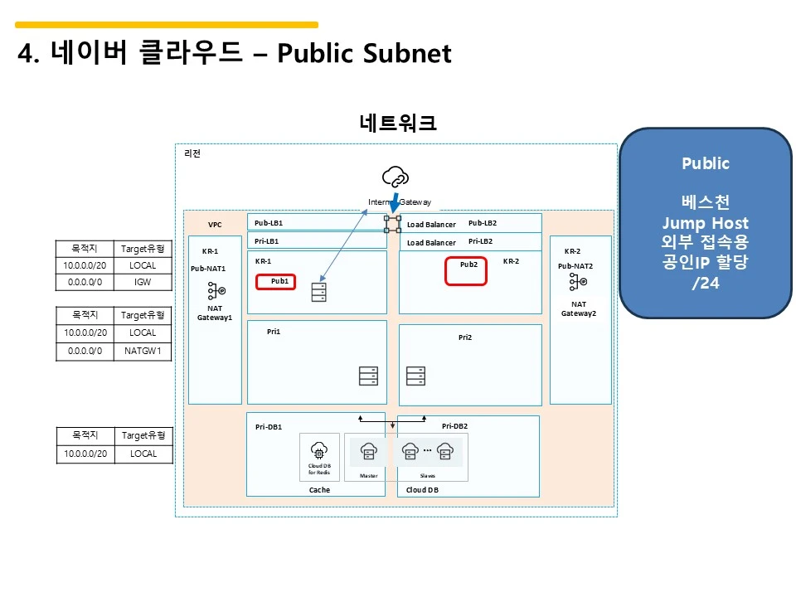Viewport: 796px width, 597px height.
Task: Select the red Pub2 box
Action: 465,273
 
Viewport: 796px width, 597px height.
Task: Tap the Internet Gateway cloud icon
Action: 396,177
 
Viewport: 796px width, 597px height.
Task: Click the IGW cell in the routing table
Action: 143,283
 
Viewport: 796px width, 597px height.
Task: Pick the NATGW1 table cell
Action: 143,351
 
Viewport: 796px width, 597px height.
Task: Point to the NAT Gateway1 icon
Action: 215,292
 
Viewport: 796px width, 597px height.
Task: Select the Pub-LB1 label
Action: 269,223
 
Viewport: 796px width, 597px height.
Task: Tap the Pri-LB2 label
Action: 482,241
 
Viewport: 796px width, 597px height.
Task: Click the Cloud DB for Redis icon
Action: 319,450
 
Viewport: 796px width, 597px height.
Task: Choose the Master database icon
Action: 369,452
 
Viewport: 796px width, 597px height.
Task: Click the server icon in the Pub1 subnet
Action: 319,293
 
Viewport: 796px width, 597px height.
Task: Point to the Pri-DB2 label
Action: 454,426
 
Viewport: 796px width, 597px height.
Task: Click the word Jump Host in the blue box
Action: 705,223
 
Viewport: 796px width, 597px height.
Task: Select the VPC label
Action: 215,225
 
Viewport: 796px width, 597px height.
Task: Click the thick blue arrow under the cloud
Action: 394,201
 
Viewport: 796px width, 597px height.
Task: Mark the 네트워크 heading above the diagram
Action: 398,124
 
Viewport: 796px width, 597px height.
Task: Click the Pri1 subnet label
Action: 274,331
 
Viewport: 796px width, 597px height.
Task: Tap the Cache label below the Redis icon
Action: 319,490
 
